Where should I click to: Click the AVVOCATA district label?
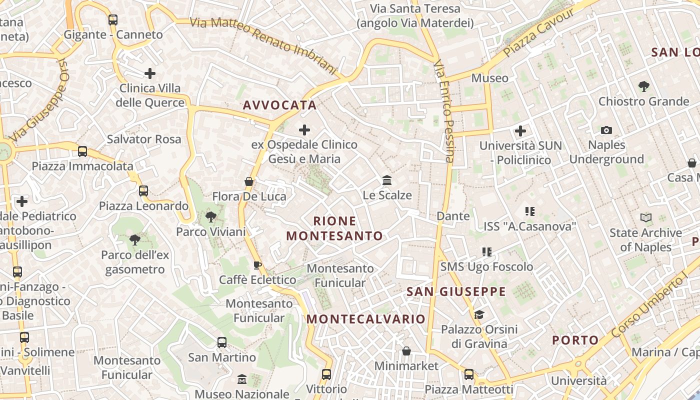279,105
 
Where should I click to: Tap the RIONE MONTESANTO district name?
334,228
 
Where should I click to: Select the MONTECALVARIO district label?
365,319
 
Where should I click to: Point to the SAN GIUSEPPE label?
456,291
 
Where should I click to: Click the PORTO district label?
575,340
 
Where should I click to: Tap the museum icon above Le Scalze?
387,180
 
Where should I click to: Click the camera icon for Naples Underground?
606,130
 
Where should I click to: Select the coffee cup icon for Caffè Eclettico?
257,265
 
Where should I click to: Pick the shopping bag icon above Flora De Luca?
249,181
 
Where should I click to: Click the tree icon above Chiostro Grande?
644,86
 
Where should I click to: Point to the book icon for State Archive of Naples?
645,218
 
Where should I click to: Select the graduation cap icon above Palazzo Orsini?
479,314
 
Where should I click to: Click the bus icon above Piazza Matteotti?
469,374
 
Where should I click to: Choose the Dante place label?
453,216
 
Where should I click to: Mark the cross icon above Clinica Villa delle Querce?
150,73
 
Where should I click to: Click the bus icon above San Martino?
222,342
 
